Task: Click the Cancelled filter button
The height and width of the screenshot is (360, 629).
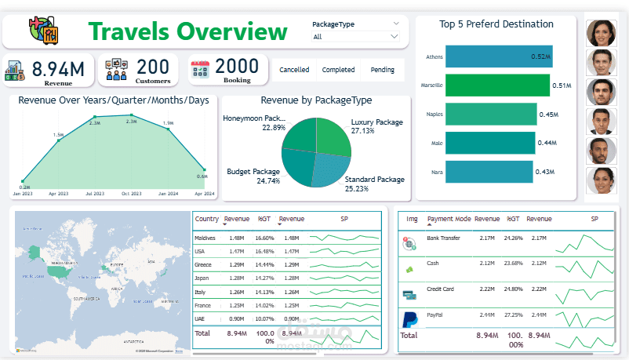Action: click(x=294, y=70)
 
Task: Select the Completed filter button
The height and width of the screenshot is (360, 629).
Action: click(x=338, y=70)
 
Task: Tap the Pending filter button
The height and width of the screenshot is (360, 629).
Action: click(x=382, y=70)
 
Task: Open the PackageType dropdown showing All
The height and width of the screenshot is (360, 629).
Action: click(x=355, y=36)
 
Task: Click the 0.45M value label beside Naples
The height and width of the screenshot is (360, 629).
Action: click(x=548, y=115)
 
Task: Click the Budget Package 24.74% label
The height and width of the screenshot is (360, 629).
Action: click(x=253, y=176)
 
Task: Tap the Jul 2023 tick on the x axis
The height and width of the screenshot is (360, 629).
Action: click(x=95, y=193)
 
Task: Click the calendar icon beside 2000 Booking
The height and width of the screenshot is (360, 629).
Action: click(x=201, y=70)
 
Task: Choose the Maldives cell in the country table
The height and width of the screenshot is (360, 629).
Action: click(x=205, y=238)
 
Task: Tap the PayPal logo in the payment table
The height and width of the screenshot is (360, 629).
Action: click(x=408, y=319)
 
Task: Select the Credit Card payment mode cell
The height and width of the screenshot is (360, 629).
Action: click(x=440, y=289)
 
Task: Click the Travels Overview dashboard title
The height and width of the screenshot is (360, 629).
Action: click(x=187, y=32)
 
